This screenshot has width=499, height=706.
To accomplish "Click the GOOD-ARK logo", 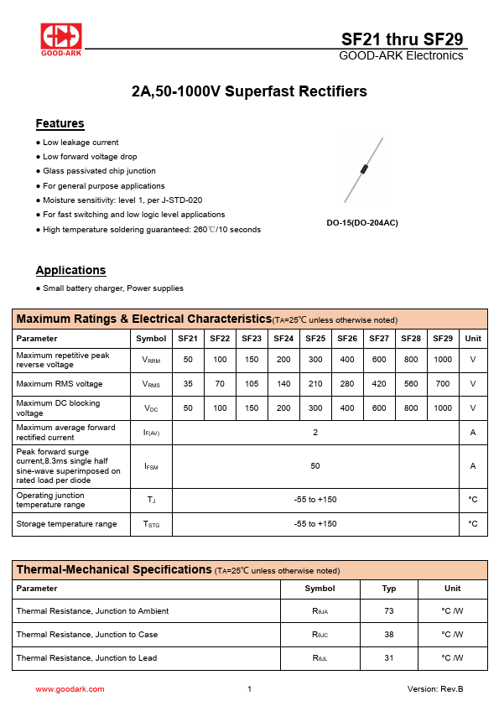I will pos(61,39).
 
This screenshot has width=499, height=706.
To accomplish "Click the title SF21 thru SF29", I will pos(402,39).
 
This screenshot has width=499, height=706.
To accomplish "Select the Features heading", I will pos(60,124).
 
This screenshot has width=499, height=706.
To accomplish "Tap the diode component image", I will pos(363,170).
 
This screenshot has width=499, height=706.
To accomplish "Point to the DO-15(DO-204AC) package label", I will pos(362,223).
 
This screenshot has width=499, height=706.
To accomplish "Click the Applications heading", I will pos(70,270).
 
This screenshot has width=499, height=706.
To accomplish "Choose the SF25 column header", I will pos(315,339).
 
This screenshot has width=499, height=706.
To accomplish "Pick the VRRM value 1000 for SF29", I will pos(442,360).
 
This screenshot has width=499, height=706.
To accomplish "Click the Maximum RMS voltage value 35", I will pos(188,384).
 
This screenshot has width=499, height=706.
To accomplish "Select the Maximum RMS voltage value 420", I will pos(379,384).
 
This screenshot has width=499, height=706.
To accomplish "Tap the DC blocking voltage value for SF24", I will pos(283,408).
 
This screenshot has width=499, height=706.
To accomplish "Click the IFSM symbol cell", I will pos(151,466).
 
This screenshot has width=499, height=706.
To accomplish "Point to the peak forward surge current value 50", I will pos(315,466).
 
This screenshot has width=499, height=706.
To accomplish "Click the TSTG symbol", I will pos(151,524).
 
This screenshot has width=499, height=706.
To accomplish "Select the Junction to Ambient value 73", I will pos(389,611).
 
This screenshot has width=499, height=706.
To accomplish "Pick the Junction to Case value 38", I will pos(389,635).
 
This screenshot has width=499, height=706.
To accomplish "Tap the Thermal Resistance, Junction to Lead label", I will pos(86,658).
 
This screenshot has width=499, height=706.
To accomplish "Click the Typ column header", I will pos(389,589).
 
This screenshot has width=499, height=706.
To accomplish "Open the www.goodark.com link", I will pos(70,689).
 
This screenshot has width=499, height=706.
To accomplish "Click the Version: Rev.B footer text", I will pos(434,689).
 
